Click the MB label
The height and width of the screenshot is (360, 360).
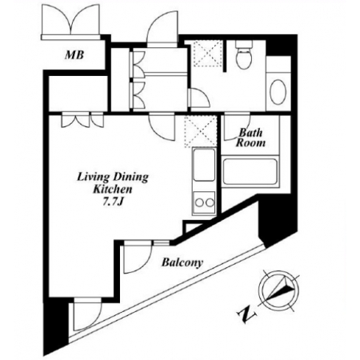click(74, 55)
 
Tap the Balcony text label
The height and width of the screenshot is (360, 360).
click(182, 263)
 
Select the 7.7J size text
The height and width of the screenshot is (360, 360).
click(112, 202)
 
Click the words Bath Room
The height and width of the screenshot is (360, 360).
click(250, 138)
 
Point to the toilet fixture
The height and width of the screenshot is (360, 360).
click(244, 54)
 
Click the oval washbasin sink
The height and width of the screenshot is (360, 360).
click(278, 92)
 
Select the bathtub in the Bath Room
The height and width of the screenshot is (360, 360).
click(250, 172)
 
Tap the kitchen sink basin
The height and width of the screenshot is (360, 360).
click(204, 166)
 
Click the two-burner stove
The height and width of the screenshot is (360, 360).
click(204, 202)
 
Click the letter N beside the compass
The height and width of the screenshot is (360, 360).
click(247, 315)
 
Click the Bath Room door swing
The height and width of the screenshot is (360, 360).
click(237, 126)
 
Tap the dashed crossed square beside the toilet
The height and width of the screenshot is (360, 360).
click(208, 54)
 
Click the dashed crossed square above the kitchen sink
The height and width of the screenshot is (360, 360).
click(201, 132)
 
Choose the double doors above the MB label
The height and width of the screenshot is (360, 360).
click(71, 20)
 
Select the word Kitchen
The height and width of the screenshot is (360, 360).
click(113, 190)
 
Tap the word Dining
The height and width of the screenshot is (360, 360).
click(131, 178)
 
